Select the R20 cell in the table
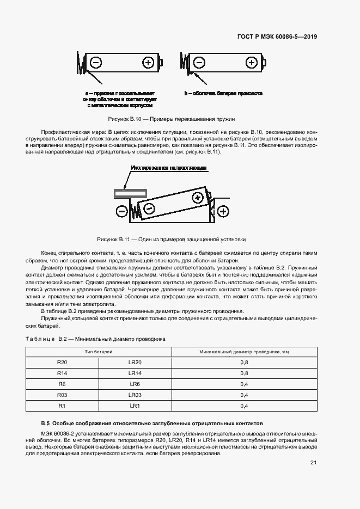62,362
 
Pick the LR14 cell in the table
135,373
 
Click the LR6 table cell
135,384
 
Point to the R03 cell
62,395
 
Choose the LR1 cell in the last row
135,406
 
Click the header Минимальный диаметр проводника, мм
244,352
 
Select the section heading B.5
152,422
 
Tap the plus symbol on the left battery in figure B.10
148,63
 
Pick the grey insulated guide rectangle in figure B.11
130,193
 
